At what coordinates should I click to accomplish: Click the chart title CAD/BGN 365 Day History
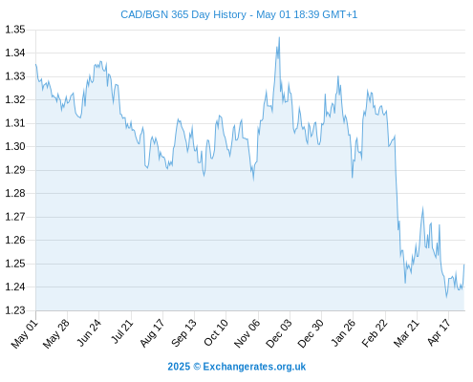183,14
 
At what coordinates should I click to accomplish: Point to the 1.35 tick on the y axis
15,30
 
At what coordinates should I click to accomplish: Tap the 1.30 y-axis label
15,146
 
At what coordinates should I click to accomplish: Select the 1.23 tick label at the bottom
15,310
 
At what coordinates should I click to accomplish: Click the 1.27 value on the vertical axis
15,217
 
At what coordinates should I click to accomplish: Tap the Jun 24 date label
88,332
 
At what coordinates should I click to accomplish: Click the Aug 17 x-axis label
152,332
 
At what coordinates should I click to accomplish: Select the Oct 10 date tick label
216,332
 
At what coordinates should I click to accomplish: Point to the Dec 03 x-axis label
279,333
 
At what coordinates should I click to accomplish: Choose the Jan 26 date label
343,332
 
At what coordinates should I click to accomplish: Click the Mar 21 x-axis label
406,333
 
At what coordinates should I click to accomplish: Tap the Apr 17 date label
439,332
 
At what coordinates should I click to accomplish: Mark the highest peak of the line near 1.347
279,37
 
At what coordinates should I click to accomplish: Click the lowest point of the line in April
446,297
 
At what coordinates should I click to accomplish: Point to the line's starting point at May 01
35,64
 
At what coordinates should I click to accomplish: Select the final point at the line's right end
464,265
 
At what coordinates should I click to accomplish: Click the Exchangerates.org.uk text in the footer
254,367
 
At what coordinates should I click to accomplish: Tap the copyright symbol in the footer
197,367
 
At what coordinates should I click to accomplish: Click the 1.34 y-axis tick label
15,53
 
